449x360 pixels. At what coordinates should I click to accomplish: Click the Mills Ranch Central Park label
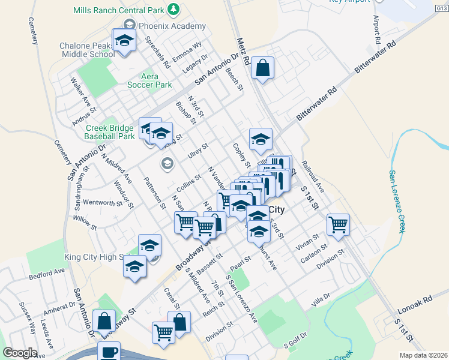point(119,10)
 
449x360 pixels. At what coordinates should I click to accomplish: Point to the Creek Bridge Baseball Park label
point(110,132)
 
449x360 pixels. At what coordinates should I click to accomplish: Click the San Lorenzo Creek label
point(397,200)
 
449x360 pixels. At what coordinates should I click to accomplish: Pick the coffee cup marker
point(109,352)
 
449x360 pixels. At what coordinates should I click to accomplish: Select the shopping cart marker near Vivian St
point(339,225)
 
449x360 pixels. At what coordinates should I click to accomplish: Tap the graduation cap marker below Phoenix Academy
point(124,41)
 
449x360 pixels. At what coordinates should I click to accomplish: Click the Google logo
point(20,353)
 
